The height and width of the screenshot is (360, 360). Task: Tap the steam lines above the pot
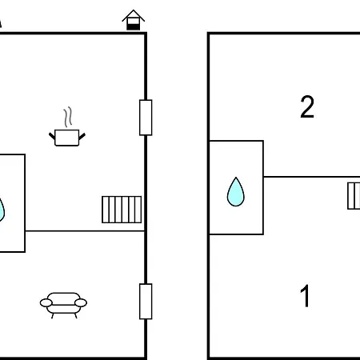pos(68,117)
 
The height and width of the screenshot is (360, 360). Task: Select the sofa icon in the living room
pos(63,305)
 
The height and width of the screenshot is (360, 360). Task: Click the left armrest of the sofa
pos(46,303)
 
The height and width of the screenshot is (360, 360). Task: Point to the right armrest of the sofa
pos(81,303)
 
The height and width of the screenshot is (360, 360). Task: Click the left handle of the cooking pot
pos(52,136)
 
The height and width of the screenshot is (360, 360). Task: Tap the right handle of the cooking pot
pos(82,136)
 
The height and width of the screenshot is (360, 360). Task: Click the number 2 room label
pos(307,106)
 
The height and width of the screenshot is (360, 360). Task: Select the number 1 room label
pos(306,296)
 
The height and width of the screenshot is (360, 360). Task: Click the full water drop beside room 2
pos(236,192)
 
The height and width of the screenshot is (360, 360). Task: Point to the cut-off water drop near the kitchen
pos(2,210)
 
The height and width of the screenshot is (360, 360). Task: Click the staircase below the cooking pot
pos(122,210)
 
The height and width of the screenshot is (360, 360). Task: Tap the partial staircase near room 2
pos(354,196)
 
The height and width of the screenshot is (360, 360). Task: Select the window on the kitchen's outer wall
pos(146,118)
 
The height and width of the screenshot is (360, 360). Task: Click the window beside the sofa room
pos(146,302)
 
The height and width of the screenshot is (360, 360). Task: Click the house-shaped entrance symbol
pos(134,20)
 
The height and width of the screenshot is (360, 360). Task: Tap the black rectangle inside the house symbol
pos(134,26)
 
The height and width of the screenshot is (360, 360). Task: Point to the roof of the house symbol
pos(134,15)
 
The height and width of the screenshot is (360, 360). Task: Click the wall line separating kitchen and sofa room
pos(85,231)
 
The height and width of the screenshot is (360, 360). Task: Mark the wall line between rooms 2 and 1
pos(312,177)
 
